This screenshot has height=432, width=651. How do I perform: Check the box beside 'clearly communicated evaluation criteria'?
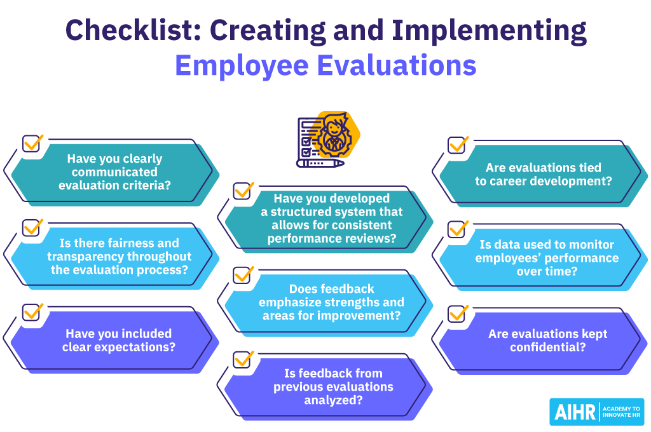(32, 143)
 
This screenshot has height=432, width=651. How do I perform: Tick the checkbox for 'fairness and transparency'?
(32, 227)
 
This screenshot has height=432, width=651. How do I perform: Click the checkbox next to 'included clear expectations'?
(32, 312)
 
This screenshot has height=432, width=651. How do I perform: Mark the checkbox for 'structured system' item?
(243, 191)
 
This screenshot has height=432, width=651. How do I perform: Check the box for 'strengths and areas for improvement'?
(243, 275)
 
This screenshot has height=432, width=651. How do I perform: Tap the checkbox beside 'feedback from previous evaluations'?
(243, 359)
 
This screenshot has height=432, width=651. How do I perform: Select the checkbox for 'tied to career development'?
(457, 144)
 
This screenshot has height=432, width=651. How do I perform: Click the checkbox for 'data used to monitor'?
(457, 229)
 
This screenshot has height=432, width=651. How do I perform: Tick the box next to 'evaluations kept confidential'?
(457, 313)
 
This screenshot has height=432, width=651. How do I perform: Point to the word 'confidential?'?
(547, 348)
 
